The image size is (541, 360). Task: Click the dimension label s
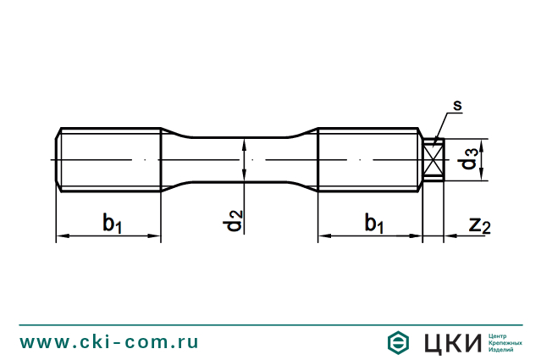click(457, 106)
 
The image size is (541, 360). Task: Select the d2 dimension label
click(235, 223)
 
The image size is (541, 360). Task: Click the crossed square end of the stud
click(433, 159)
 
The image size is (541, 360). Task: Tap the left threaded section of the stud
click(110, 159)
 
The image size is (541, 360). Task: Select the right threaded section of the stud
click(369, 159)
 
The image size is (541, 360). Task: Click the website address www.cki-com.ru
click(109, 342)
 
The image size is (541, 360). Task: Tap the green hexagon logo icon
click(398, 342)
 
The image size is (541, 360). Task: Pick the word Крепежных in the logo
click(511, 342)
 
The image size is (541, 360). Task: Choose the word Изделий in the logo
click(506, 350)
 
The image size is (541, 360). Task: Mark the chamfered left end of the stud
click(59, 159)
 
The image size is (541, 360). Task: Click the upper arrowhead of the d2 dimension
click(244, 141)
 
